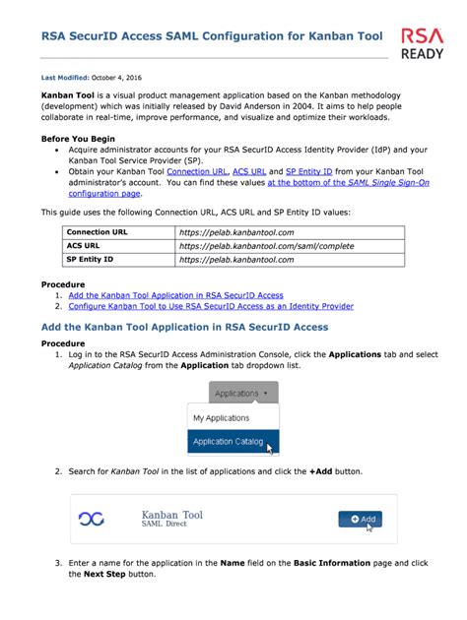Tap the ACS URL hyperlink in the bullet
click(x=248, y=171)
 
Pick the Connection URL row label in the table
click(x=97, y=232)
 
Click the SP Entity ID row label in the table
click(x=90, y=260)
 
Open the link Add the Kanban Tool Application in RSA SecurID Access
click(x=175, y=295)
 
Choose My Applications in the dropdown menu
click(x=221, y=418)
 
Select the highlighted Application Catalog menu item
click(x=230, y=442)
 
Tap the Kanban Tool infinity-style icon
click(x=92, y=519)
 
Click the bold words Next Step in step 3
click(x=104, y=574)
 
